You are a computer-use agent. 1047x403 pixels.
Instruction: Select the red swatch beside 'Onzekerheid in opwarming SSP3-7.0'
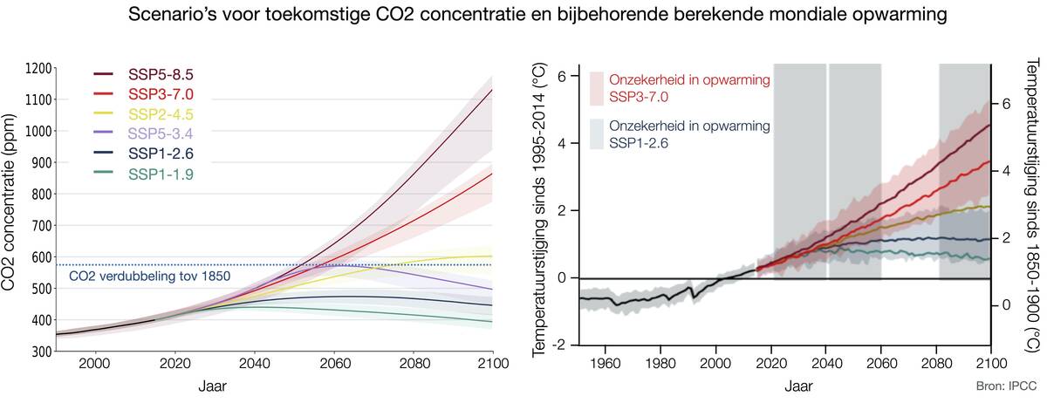pyautogui.click(x=597, y=87)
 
